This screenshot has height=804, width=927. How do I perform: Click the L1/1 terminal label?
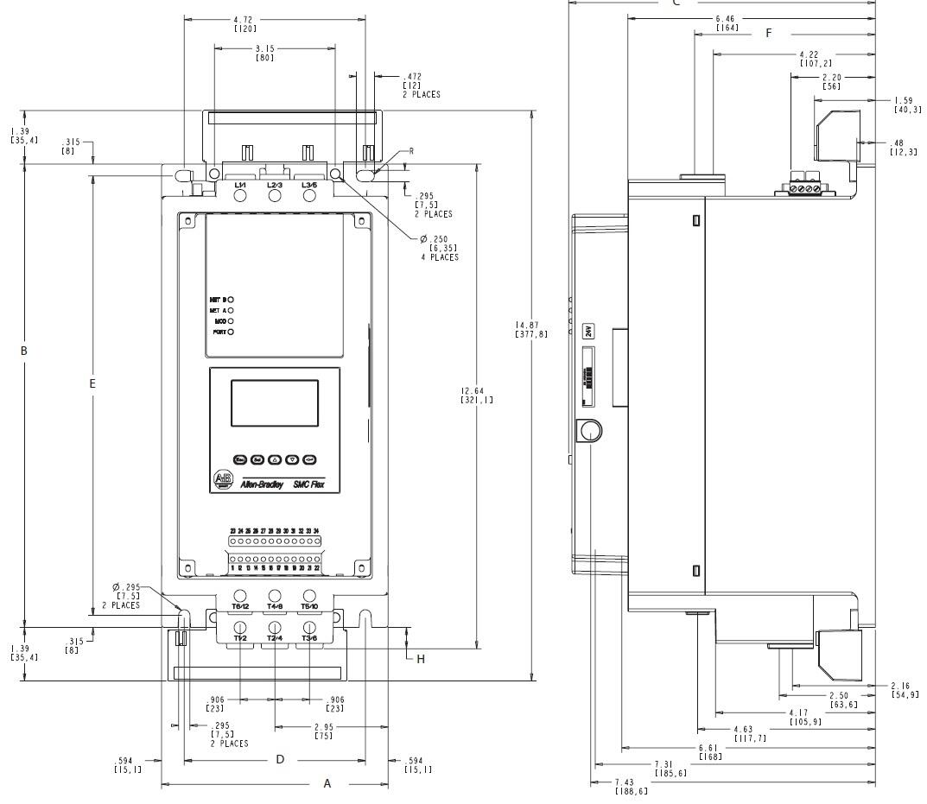240,185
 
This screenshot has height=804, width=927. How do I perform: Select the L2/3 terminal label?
275,185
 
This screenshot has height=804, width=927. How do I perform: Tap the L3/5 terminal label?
309,185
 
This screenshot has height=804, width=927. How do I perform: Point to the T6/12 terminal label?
240,607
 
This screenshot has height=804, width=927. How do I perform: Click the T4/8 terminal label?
275,607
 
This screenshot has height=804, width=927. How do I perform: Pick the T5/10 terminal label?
309,607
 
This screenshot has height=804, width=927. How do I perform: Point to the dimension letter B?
24,351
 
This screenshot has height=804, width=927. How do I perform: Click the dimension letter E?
92,383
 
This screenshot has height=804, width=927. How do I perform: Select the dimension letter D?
280,760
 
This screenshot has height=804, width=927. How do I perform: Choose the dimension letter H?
421,659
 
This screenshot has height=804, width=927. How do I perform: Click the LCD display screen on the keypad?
274,402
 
